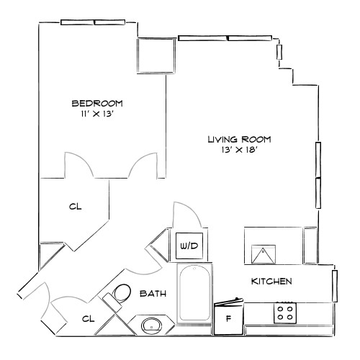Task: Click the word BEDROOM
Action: (x=96, y=102)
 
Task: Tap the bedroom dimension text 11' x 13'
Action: (x=96, y=113)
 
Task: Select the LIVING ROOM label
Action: (x=239, y=139)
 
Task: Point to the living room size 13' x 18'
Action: (x=239, y=150)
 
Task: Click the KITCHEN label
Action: (x=271, y=281)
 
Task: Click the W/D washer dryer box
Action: (x=189, y=246)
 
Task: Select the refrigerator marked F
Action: (x=229, y=318)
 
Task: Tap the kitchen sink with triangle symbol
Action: (x=264, y=254)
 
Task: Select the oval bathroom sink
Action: (x=153, y=325)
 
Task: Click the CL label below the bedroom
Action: (x=76, y=207)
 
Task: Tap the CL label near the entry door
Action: (x=87, y=318)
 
